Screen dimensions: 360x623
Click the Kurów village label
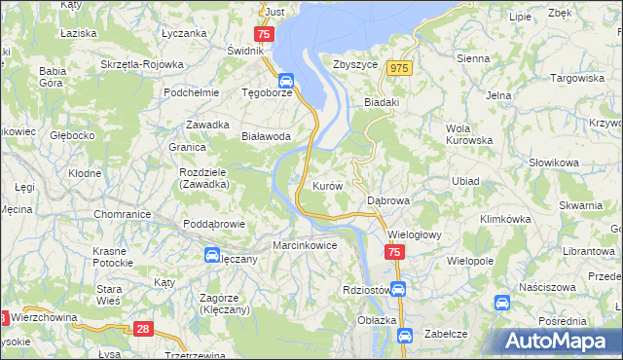(326, 185)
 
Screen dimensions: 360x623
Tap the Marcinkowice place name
(305, 246)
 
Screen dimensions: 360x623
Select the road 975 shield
(399, 68)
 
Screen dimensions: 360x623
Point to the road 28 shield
(144, 330)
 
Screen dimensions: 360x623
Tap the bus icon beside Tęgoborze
(286, 81)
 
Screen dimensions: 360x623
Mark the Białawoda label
(266, 137)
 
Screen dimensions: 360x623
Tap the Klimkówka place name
(503, 220)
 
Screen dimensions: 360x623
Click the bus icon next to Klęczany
(211, 255)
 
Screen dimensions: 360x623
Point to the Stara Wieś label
(109, 295)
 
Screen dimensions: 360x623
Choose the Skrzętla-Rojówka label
(142, 65)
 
